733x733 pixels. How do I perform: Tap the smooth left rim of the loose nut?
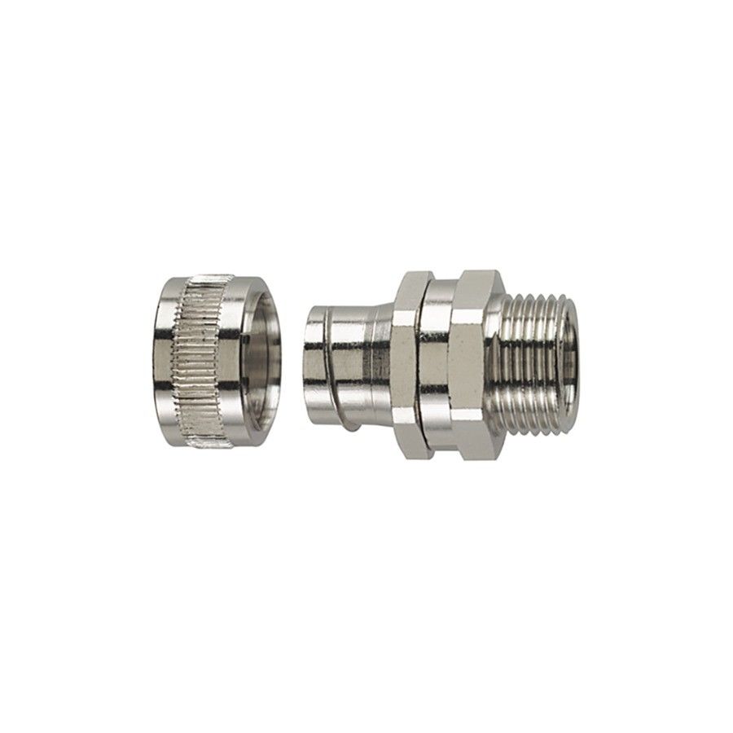coord(166,358)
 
